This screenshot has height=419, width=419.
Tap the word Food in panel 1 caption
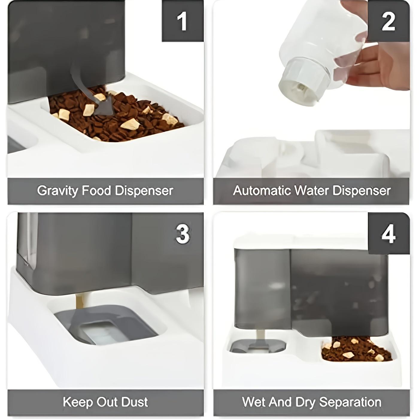click(x=97, y=191)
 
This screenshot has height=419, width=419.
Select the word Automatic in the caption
click(x=262, y=191)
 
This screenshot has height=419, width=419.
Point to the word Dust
click(x=134, y=402)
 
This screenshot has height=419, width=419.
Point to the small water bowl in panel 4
click(x=257, y=347)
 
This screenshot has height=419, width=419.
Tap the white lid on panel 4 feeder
click(x=299, y=242)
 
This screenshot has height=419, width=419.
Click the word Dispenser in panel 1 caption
click(x=144, y=191)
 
